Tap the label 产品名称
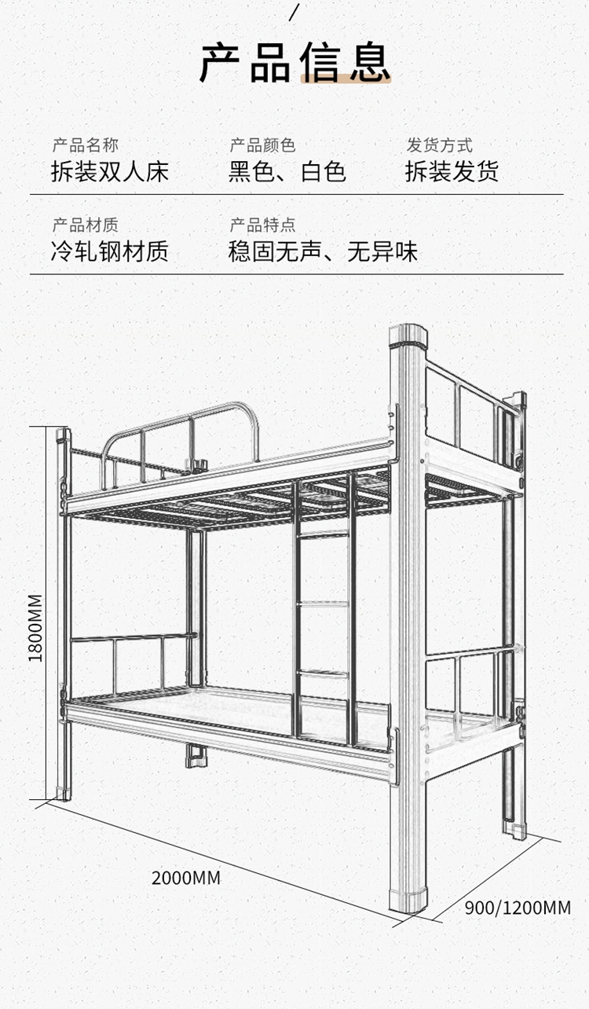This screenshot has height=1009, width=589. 85,145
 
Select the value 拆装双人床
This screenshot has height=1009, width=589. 109,171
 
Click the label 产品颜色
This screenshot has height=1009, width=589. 262,145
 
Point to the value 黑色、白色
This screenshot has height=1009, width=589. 287,171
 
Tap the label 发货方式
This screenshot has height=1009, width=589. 439,145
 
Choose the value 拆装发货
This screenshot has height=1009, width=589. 452,171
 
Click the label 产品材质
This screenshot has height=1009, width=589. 85,226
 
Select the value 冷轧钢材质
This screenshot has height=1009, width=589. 109,252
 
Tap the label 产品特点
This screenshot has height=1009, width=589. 262,226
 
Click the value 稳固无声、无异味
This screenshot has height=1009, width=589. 323,252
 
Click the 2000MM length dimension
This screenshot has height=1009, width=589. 186,878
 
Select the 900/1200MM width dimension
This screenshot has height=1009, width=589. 518,908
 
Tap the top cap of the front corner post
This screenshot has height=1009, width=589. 408,339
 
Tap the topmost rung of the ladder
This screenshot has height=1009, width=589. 324,534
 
